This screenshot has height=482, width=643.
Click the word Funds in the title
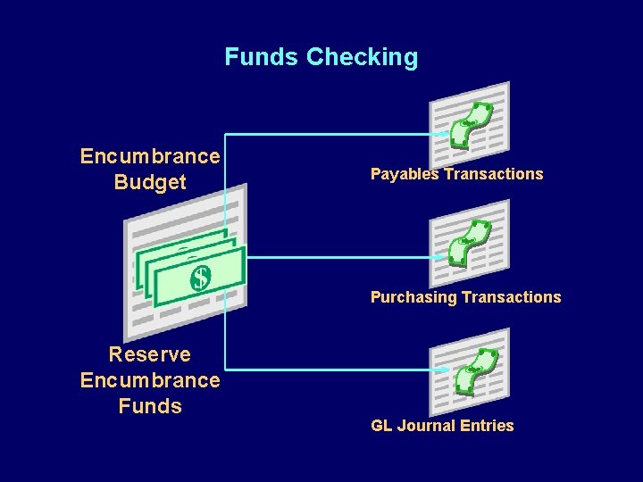tap(262, 57)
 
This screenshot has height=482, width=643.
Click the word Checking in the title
tap(362, 58)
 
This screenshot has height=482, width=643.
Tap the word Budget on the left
tap(150, 182)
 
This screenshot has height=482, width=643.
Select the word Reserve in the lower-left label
tap(150, 354)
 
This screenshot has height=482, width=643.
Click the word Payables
tap(405, 174)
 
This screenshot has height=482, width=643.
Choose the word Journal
tap(425, 426)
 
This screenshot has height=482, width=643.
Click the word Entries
tap(486, 426)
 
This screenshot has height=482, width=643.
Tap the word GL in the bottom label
tap(381, 426)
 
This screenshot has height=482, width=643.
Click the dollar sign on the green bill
tap(201, 278)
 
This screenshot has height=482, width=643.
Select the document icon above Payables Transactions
tap(470, 125)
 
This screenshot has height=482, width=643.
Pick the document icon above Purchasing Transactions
tap(470, 243)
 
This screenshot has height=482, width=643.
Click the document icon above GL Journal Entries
tap(470, 371)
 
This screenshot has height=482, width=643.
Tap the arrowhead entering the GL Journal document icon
tap(441, 369)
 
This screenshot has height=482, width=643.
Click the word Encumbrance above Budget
tap(150, 156)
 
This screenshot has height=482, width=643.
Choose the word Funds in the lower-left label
tap(150, 406)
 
